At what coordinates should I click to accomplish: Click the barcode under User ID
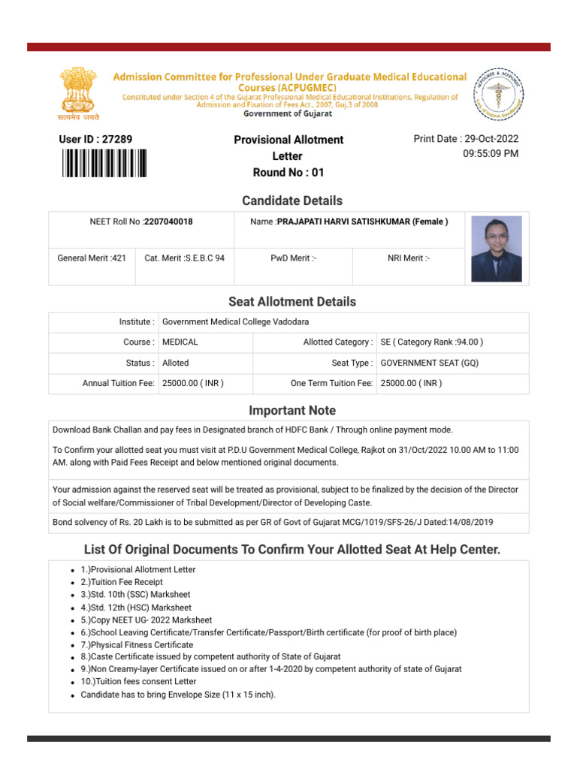pos(104,163)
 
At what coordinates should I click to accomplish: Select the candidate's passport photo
pos(496,249)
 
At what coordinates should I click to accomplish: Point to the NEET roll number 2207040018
pos(168,222)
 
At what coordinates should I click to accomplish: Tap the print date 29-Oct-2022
pos(491,139)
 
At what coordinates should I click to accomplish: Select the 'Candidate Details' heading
pos(292,201)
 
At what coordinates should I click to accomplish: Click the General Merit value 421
pos(119,258)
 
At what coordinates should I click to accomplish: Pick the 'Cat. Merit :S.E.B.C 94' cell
pos(184,258)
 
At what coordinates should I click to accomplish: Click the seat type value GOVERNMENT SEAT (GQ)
pos(429,363)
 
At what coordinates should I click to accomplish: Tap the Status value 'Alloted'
pos(176,363)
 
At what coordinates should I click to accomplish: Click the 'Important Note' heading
pos(292,411)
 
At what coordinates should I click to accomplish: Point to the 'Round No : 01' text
pos(288,173)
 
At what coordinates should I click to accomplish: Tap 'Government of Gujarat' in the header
pos(288,114)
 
